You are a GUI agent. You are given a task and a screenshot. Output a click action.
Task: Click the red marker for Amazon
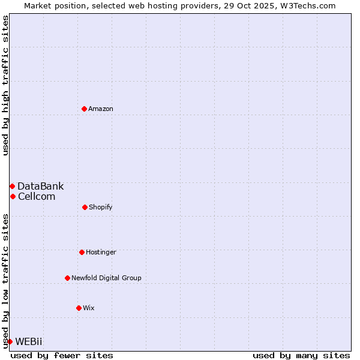pos(84,109)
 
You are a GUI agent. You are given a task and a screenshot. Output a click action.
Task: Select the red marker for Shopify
pos(85,207)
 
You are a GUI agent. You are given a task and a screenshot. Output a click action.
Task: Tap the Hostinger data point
pos(82,252)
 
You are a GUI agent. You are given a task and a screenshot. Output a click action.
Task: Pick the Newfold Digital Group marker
pos(67,278)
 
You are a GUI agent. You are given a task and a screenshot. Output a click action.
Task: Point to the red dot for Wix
pos(79,308)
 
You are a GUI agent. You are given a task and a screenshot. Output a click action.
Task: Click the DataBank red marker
pos(12,186)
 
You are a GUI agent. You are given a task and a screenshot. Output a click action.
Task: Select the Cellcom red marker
pos(13,196)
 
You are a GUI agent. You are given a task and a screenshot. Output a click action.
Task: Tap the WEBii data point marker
pos(10,341)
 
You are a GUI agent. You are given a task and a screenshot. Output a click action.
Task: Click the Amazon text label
pos(101,109)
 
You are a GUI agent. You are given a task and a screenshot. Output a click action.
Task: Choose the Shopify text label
pos(101,207)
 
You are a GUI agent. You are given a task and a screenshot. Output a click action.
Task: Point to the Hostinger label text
pos(101,252)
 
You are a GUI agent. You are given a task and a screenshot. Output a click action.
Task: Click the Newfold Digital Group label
pos(106,278)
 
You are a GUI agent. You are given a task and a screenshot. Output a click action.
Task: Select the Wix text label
pos(89,308)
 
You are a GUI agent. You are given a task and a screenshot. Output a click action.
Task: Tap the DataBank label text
pos(40,186)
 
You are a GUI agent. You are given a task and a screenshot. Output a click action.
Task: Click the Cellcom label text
pos(37,196)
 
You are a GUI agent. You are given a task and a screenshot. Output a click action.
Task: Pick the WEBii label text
pos(29,341)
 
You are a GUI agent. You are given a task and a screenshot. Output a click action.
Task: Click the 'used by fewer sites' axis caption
pos(62,355)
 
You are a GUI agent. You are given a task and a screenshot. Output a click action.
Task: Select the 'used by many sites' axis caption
pos(301,355)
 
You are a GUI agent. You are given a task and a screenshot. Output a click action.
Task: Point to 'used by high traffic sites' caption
pos(5,85)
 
